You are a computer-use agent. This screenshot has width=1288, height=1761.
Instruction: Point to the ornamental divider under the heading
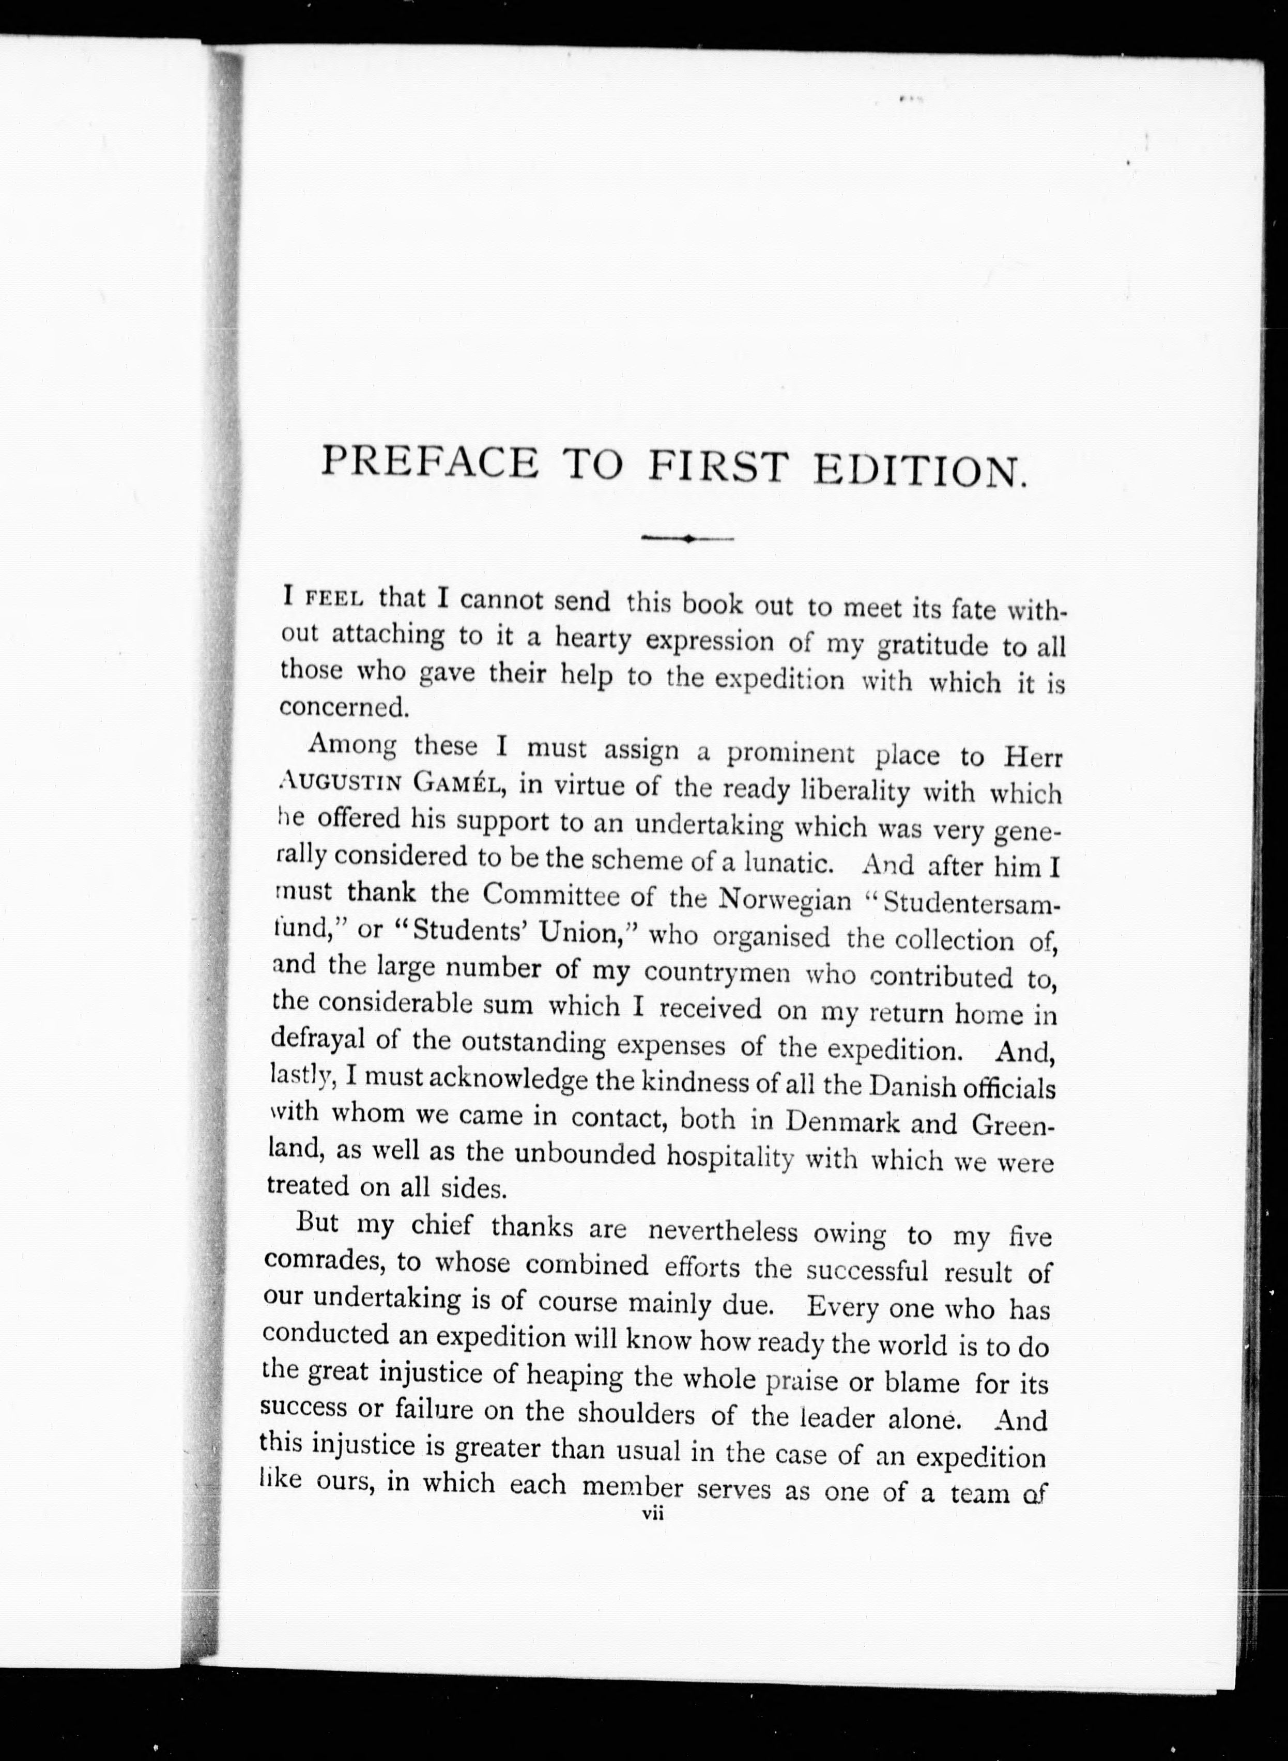[686, 538]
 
